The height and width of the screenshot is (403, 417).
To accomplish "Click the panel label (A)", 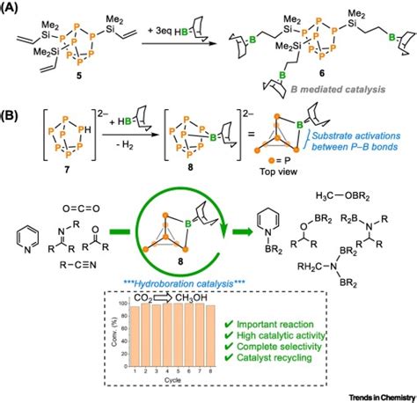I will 14,10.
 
